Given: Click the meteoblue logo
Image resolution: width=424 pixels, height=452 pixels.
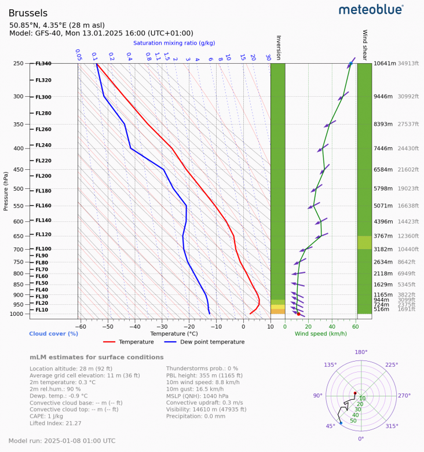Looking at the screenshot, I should click(371, 9).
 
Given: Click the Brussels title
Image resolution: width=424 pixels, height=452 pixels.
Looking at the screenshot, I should click(28, 13).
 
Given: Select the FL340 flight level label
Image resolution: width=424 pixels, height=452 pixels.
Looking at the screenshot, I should click(43, 64).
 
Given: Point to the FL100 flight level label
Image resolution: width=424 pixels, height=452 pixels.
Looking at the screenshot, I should click(43, 249).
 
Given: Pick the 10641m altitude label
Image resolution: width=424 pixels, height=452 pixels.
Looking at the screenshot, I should click(385, 64).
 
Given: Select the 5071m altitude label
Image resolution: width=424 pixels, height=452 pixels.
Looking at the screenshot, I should click(384, 206).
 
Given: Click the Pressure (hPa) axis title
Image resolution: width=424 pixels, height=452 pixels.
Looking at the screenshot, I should click(6, 189).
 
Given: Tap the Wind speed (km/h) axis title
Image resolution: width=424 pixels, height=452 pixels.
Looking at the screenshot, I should click(320, 334).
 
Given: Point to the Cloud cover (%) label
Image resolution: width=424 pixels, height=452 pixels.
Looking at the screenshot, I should click(54, 334).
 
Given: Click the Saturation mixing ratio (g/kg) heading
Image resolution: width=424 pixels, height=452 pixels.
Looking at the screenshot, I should click(174, 43).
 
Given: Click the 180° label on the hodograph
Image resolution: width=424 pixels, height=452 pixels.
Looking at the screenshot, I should click(361, 352).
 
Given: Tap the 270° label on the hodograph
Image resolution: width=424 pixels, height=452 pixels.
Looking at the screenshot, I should click(404, 396).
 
